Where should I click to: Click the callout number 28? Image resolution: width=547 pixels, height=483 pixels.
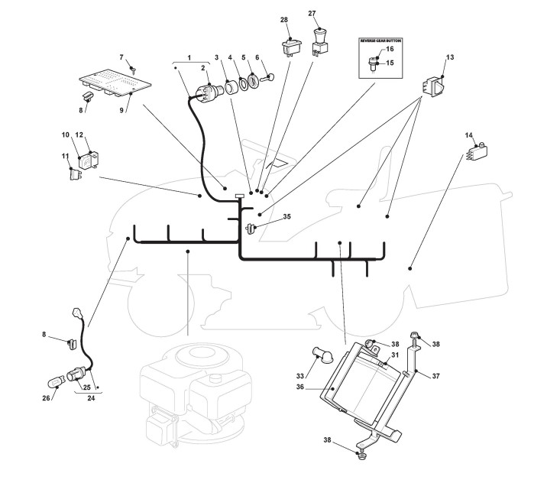point(284,18)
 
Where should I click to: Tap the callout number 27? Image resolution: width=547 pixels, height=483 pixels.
point(312,13)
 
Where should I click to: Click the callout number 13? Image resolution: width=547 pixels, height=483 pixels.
point(450,58)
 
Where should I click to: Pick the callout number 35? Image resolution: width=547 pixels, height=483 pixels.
point(286,217)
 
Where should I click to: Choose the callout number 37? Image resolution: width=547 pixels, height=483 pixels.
point(436,375)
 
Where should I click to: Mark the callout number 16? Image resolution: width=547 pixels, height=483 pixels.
point(389,49)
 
